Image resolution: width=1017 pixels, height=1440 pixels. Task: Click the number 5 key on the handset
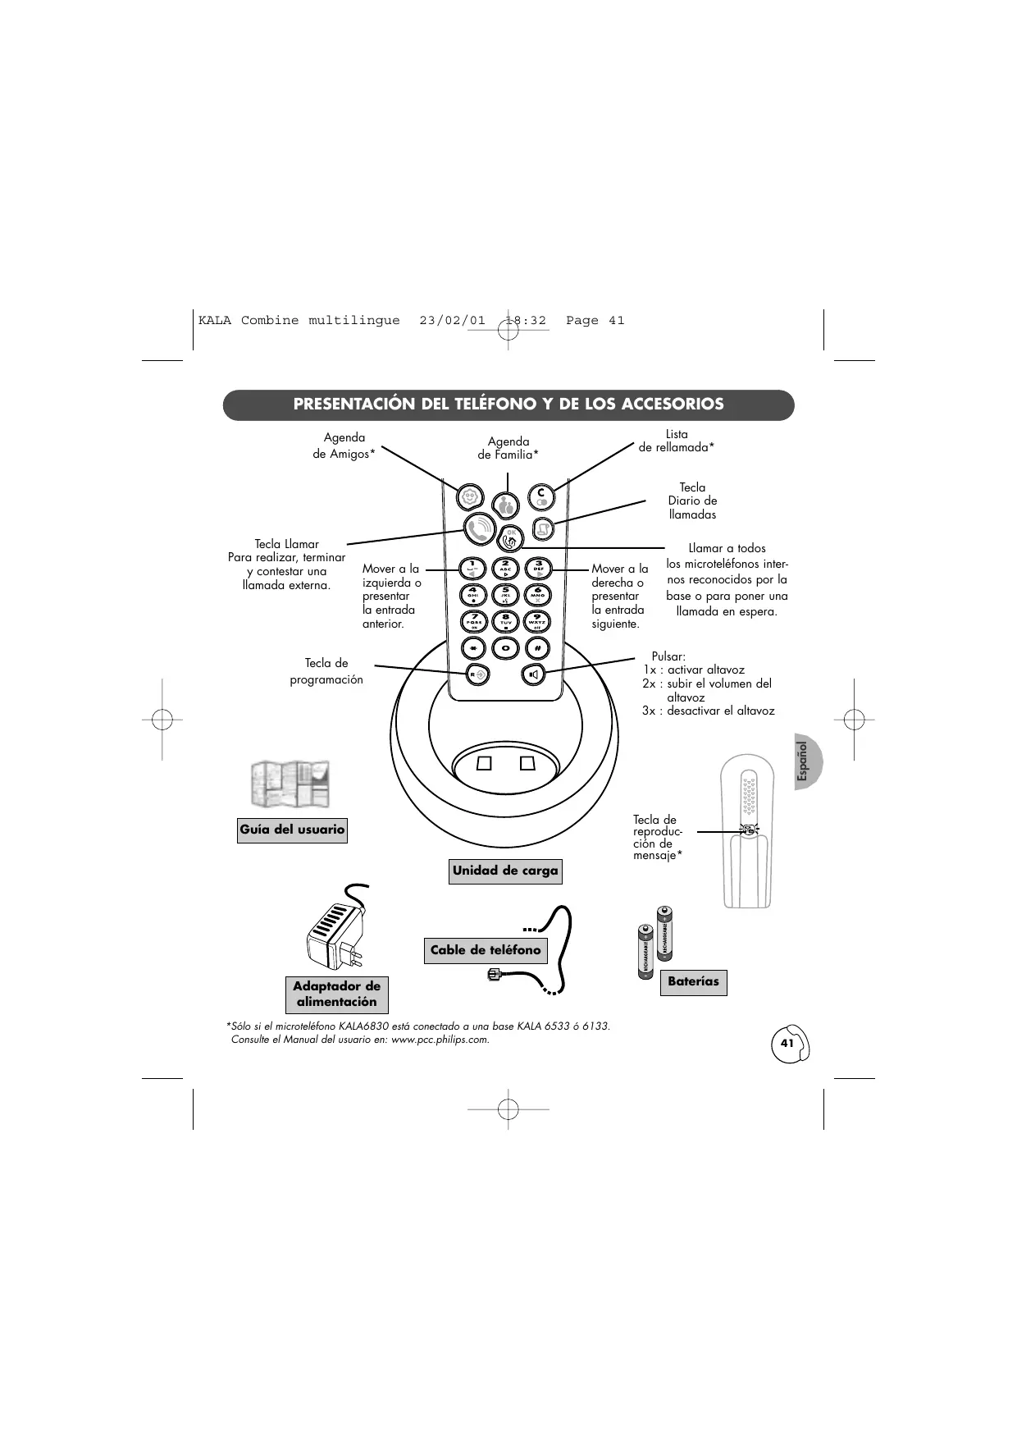point(505,594)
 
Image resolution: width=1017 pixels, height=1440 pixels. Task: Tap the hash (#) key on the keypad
point(537,648)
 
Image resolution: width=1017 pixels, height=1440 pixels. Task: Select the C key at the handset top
point(540,496)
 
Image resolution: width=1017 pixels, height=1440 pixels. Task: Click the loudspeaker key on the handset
point(534,674)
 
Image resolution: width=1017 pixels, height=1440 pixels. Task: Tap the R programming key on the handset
point(477,674)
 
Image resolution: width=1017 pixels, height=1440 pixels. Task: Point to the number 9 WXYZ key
point(537,621)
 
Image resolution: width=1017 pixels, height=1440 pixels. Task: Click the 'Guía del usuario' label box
point(292,830)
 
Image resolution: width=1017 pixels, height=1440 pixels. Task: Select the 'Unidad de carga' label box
point(505,871)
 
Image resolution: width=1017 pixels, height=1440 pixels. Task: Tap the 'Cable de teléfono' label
point(486,950)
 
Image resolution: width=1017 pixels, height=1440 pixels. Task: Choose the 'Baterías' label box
point(693,981)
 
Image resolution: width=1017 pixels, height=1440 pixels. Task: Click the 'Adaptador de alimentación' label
point(336,994)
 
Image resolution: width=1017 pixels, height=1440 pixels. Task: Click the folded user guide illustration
point(290,784)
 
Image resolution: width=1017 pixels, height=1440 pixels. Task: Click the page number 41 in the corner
point(787,1043)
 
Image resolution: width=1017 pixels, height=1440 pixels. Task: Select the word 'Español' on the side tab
point(805,761)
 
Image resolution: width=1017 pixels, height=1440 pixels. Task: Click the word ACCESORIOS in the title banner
point(673,405)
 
